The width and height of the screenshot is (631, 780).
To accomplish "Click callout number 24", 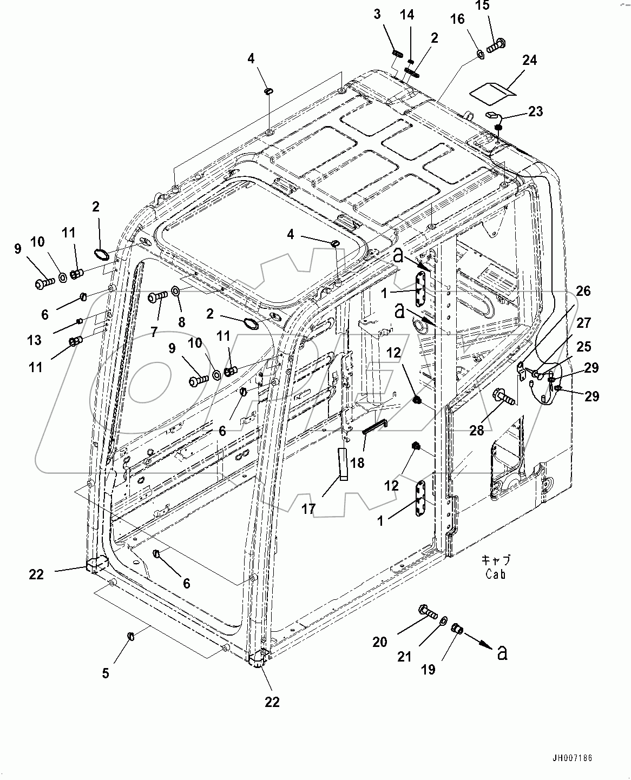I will pos(530,60).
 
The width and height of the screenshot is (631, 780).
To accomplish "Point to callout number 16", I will pos(457,19).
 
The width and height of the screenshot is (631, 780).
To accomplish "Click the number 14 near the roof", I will pos(407,15).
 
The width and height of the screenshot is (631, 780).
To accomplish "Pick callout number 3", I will pos(378,14).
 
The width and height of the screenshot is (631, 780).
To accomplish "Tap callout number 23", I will pos(535,111).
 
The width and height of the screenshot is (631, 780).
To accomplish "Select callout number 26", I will pos(583,291).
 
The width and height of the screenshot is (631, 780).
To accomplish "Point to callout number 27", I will pos(583,323).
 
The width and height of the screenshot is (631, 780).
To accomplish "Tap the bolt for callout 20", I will pos(428,612).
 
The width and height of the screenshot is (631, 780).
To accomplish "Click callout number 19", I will pos(428,670).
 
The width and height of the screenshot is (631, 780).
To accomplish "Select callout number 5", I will pos(106,673).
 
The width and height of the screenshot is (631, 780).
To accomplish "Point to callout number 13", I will pos(34,340).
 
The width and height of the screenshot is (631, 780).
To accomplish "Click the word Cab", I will pos(495,574).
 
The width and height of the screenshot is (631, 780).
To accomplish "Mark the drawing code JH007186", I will pos(572,758).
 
